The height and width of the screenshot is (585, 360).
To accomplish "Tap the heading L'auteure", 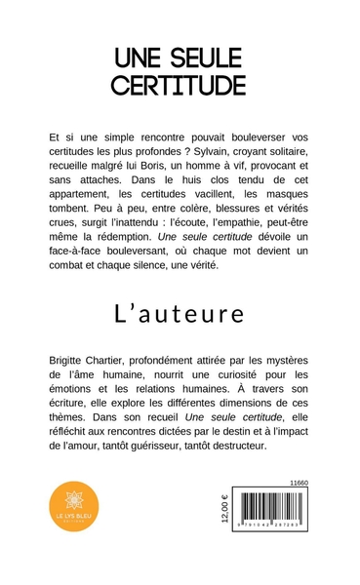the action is pyautogui.click(x=180, y=313).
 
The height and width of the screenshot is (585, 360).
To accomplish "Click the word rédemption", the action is pyautogui.click(x=114, y=241).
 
